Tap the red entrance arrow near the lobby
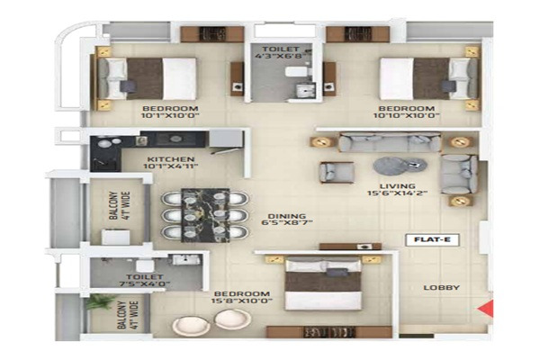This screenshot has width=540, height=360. (486, 312)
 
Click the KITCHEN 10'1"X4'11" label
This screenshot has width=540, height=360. (172, 162)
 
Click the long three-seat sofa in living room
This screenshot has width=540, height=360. (389, 142)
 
